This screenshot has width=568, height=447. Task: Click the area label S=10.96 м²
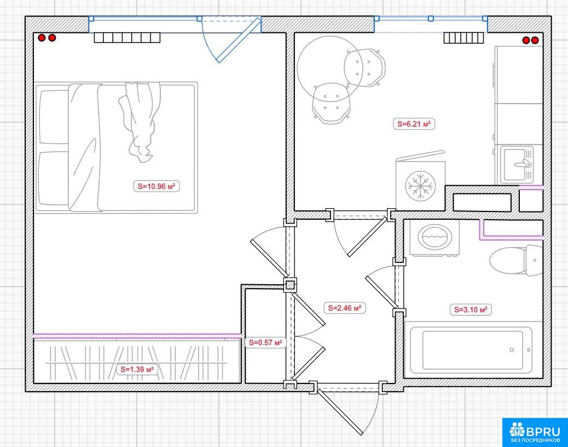(157, 186)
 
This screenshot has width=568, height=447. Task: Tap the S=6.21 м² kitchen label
(414, 124)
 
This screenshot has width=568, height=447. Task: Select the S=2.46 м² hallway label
(345, 308)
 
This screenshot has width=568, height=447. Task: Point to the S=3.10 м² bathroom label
(471, 310)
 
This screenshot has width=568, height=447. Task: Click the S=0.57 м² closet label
(265, 342)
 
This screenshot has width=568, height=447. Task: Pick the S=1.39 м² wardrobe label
(137, 369)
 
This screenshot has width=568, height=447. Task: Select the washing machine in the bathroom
(434, 238)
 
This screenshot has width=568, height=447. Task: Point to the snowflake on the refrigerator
(420, 186)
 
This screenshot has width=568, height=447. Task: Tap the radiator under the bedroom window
(127, 38)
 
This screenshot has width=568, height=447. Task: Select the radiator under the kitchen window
(463, 38)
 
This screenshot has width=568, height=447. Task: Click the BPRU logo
(535, 433)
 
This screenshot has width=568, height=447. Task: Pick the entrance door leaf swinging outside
(339, 411)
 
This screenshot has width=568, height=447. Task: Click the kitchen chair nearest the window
(365, 68)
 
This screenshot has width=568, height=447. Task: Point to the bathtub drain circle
(512, 350)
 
